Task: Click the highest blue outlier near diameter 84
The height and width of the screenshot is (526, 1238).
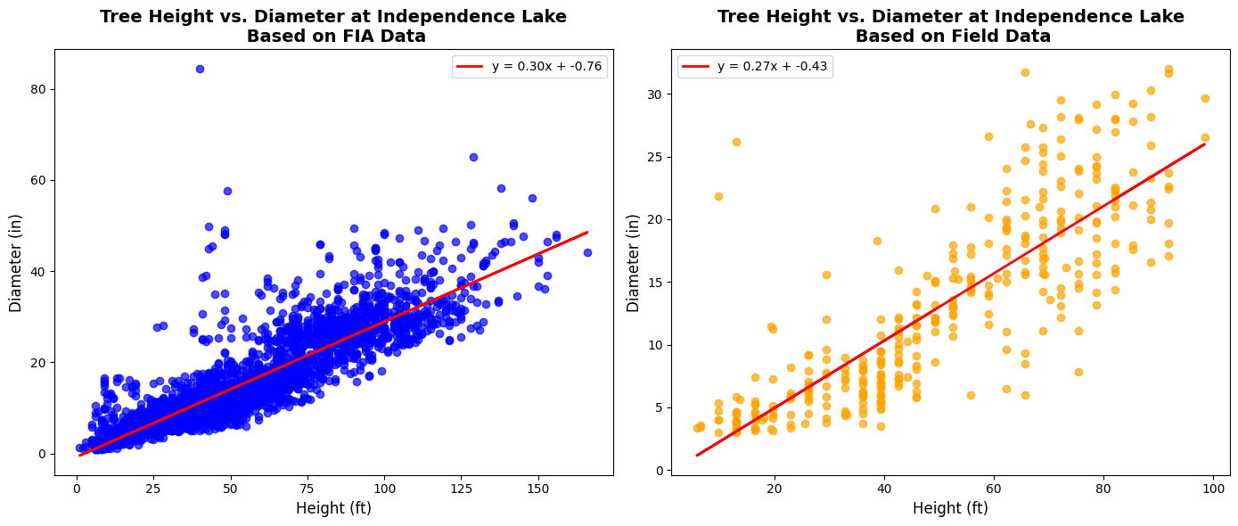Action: tap(200, 69)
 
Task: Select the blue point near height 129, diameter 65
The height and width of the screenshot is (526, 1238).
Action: tap(473, 157)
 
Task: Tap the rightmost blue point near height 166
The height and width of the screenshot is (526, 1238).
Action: tap(587, 252)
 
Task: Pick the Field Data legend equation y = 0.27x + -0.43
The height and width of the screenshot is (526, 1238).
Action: tap(772, 67)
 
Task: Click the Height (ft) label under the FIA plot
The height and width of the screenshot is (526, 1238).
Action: tap(333, 509)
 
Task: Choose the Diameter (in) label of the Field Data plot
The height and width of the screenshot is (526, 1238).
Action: tap(634, 262)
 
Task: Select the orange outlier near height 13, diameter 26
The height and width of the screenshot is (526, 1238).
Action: tap(736, 142)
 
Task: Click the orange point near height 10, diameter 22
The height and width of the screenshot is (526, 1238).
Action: tap(718, 196)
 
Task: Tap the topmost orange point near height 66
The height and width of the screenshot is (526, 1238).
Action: tap(1025, 72)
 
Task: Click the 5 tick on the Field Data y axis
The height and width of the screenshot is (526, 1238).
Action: tap(657, 408)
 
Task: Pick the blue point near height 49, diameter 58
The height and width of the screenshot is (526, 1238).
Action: tap(227, 191)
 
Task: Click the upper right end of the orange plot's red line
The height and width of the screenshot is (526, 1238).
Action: tap(1205, 144)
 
